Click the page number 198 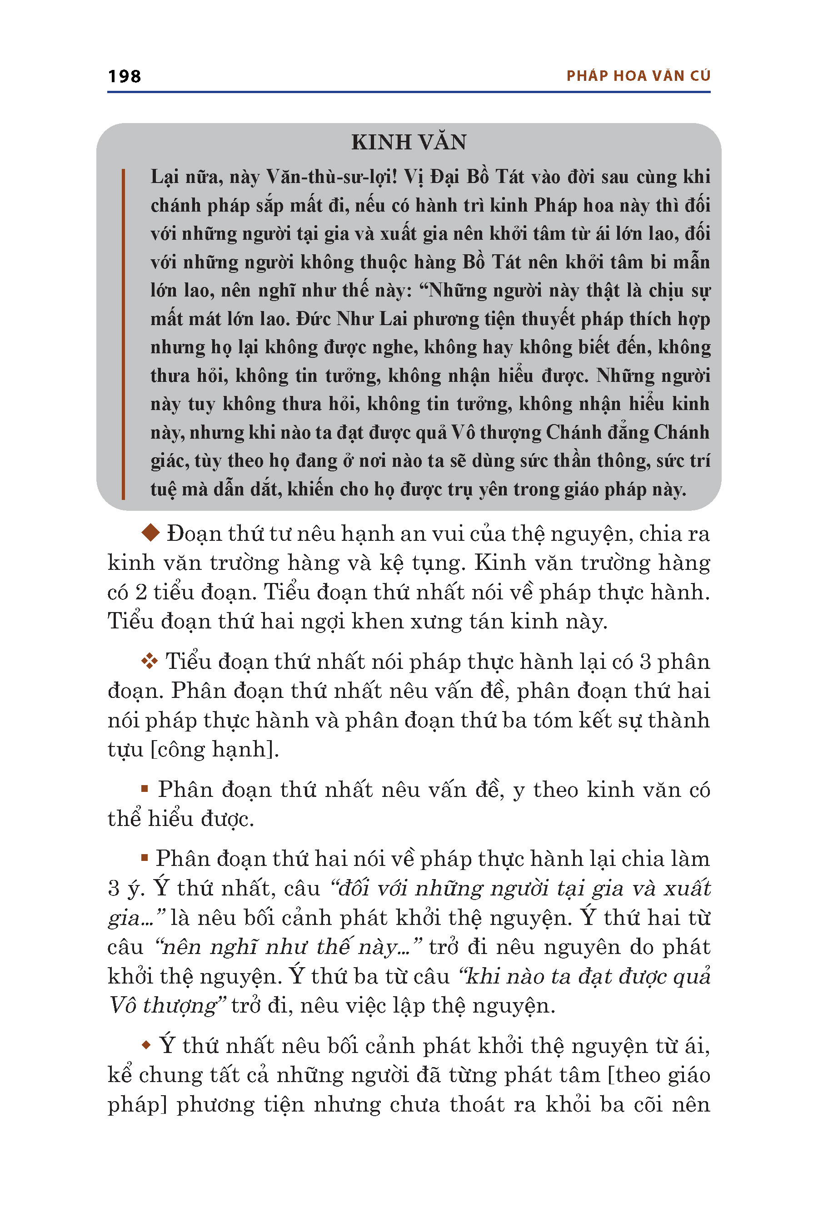click(x=124, y=77)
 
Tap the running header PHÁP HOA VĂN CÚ click(x=638, y=76)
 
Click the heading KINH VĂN click(x=409, y=142)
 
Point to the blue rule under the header click(x=409, y=92)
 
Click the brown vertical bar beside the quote click(x=123, y=334)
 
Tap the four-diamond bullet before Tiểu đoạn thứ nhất click(x=149, y=661)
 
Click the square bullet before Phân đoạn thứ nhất click(x=145, y=789)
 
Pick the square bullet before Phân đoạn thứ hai click(x=145, y=857)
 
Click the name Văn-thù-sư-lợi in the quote click(x=331, y=177)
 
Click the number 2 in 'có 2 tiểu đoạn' click(x=141, y=592)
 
